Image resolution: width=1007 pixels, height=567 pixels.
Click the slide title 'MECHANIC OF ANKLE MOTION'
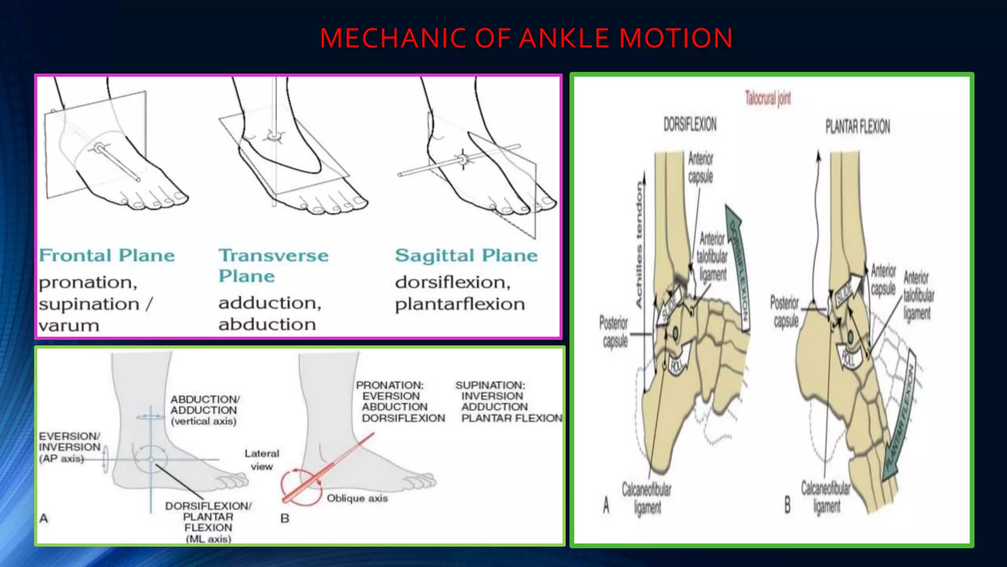[526, 38]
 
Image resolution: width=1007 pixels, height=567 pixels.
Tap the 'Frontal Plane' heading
[107, 255]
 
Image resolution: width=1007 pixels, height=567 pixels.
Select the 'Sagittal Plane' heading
[466, 255]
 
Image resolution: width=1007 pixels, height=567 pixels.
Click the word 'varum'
[69, 326]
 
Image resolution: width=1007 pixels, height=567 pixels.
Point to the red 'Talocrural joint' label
[768, 98]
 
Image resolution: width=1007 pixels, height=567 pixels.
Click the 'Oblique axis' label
[357, 498]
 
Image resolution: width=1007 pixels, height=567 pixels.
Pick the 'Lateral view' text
[262, 460]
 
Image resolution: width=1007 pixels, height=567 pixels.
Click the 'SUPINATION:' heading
[490, 385]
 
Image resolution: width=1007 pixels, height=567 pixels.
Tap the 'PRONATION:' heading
[389, 385]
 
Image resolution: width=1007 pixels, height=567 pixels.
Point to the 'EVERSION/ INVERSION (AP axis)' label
[69, 447]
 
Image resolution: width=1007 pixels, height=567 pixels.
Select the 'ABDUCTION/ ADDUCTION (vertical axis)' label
[204, 410]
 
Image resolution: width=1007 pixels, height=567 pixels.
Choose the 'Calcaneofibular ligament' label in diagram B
[826, 497]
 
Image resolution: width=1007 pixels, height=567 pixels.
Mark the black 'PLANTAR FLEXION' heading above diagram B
[858, 127]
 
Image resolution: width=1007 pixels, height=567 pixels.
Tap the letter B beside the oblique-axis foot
[285, 518]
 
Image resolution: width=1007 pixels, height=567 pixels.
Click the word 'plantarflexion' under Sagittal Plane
[460, 304]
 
